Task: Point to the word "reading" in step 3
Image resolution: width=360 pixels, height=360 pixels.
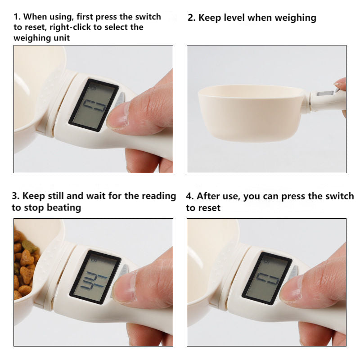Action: (x=159, y=196)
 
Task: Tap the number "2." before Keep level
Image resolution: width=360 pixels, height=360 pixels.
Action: (x=191, y=18)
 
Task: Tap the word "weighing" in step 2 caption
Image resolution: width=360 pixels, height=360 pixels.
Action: (x=296, y=18)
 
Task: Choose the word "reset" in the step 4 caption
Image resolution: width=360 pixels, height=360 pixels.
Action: (x=209, y=207)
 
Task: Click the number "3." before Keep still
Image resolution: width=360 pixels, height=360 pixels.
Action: (x=16, y=196)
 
